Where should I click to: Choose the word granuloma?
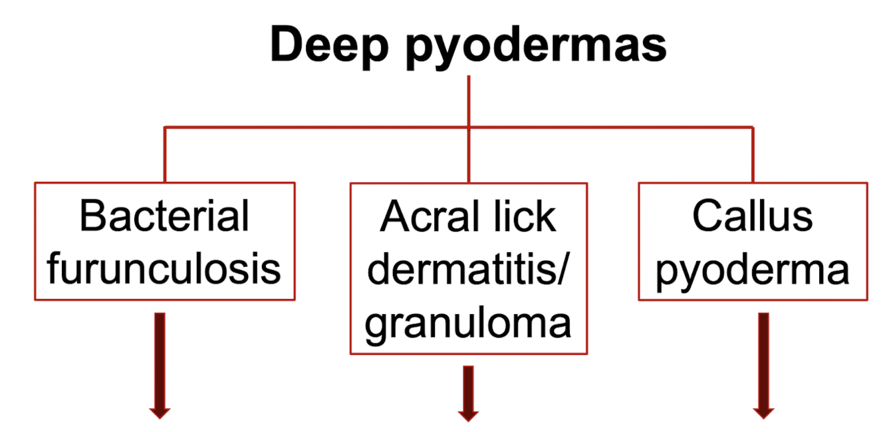[468, 324]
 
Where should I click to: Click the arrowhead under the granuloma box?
[468, 414]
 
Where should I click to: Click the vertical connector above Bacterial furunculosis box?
[165, 154]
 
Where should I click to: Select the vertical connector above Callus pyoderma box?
[752, 154]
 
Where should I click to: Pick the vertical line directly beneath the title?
[469, 100]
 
